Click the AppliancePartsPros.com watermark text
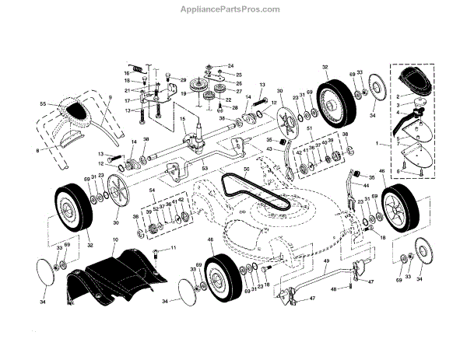pyautogui.click(x=233, y=9)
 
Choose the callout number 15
pyautogui.click(x=182, y=121)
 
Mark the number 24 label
pyautogui.click(x=230, y=66)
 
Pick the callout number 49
pyautogui.click(x=326, y=262)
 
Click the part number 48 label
pyautogui.click(x=334, y=288)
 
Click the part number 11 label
pyautogui.click(x=174, y=248)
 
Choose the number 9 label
pyautogui.click(x=111, y=98)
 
